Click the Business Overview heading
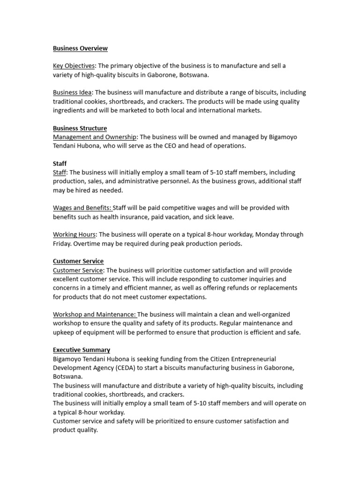point(80,48)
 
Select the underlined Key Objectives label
point(74,66)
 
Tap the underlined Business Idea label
point(72,93)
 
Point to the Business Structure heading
point(80,128)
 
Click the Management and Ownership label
point(95,137)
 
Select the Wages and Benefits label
point(82,208)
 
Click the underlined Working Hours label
point(74,235)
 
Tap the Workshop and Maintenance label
point(94,315)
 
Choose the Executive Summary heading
point(82,350)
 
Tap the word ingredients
point(70,111)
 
